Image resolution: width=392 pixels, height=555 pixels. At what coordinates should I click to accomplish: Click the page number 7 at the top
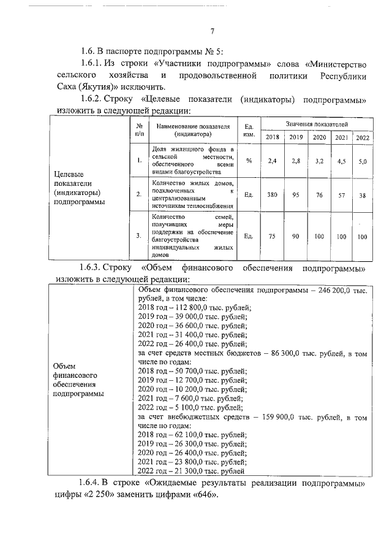click(x=212, y=33)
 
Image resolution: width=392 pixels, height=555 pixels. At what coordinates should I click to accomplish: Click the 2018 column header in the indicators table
click(x=272, y=137)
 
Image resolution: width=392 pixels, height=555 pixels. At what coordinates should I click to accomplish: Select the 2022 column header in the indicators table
click(x=362, y=137)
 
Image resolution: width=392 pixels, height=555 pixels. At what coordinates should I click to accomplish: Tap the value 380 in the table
click(x=272, y=194)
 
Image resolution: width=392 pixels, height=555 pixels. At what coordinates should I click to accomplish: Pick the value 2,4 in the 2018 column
click(x=273, y=161)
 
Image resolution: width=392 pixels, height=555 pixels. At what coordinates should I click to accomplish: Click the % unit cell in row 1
click(x=249, y=161)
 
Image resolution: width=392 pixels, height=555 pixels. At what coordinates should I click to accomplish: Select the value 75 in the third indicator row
click(x=273, y=236)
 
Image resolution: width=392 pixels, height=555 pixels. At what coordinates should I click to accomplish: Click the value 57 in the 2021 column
click(x=341, y=194)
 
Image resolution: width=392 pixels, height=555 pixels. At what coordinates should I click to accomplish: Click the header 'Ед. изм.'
click(x=249, y=129)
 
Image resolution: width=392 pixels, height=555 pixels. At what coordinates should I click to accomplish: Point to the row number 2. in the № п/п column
click(x=139, y=194)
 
